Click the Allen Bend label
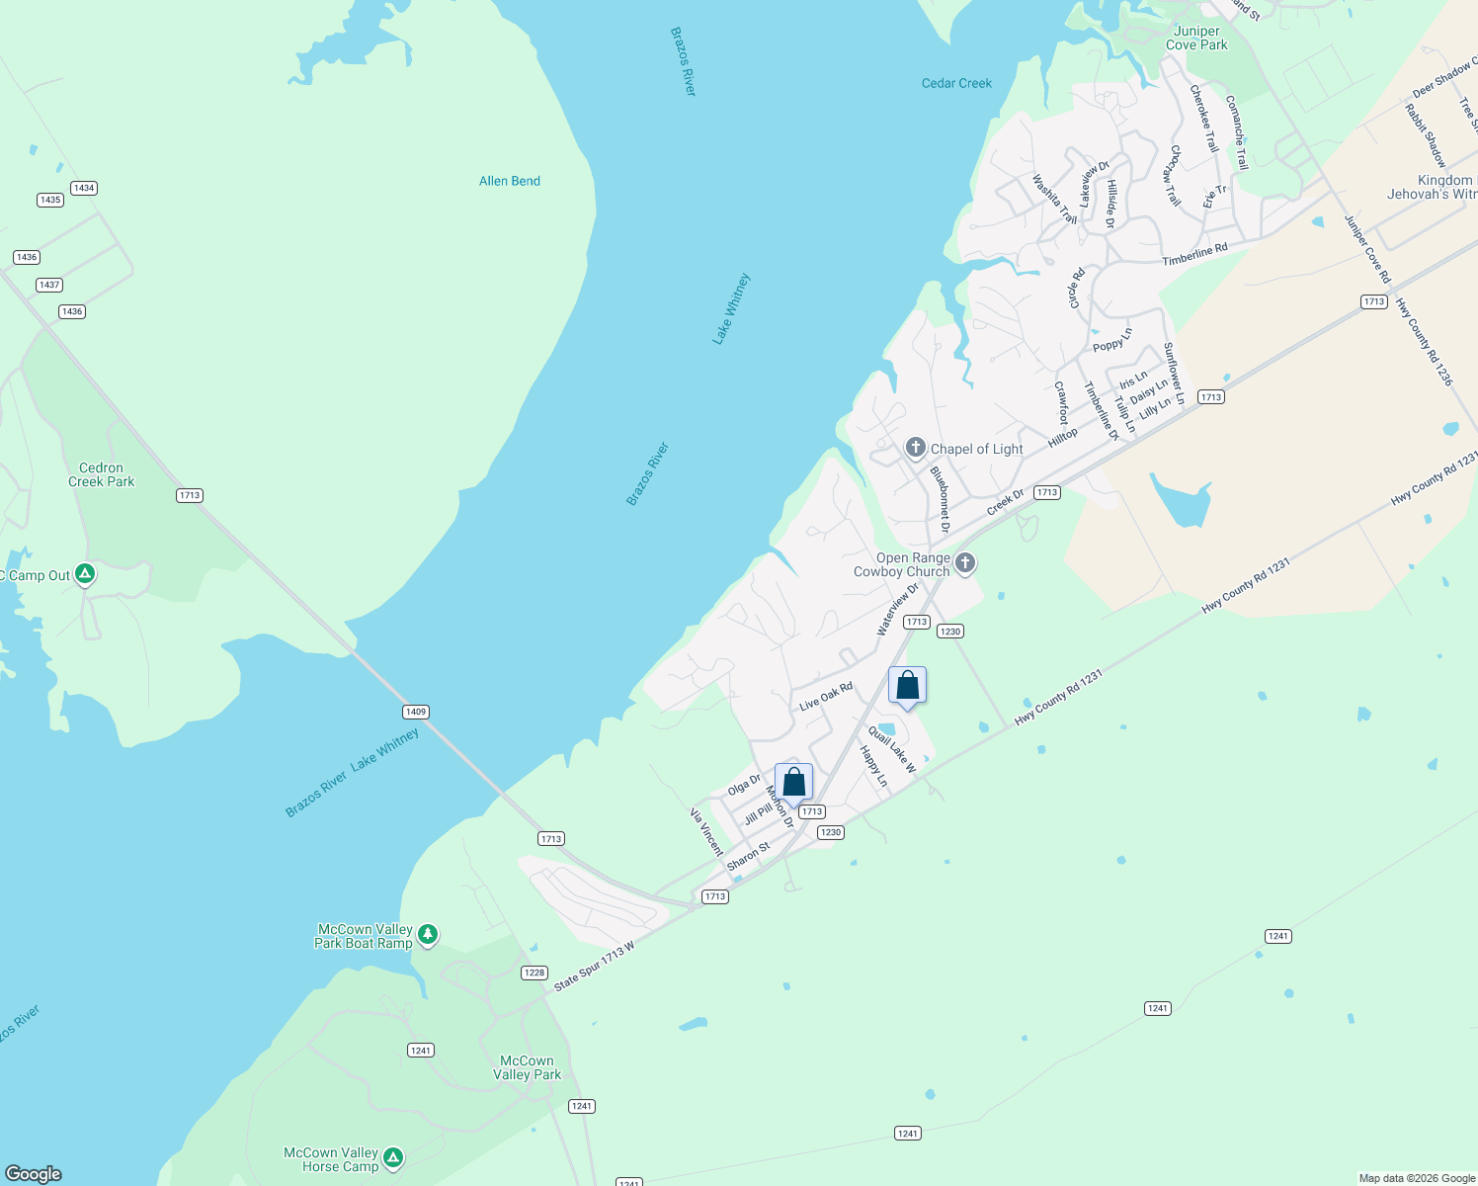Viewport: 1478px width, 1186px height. pyautogui.click(x=509, y=181)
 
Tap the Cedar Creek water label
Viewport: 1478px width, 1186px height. pyautogui.click(x=956, y=83)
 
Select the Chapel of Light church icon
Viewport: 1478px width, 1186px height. pyautogui.click(x=915, y=449)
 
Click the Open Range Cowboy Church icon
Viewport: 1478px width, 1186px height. pyautogui.click(x=965, y=563)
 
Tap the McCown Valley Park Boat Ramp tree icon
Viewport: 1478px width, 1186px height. pyautogui.click(x=428, y=934)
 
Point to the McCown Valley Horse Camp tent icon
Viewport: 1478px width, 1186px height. pyautogui.click(x=393, y=1157)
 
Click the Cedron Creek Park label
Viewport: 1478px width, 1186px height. pyautogui.click(x=101, y=474)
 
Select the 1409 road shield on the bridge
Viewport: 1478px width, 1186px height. pyautogui.click(x=416, y=712)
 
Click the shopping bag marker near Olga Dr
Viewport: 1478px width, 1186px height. pyautogui.click(x=793, y=783)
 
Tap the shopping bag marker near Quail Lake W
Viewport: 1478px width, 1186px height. pyautogui.click(x=907, y=686)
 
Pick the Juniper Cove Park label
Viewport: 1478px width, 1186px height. pyautogui.click(x=1196, y=38)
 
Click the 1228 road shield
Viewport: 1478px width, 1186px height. pyautogui.click(x=534, y=973)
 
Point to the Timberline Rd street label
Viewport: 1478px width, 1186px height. pyautogui.click(x=1194, y=254)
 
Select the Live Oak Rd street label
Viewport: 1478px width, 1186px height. pyautogui.click(x=825, y=696)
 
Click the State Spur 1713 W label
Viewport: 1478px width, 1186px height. pyautogui.click(x=594, y=967)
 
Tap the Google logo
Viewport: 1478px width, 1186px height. pyautogui.click(x=34, y=1174)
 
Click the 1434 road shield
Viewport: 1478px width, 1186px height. pyautogui.click(x=84, y=188)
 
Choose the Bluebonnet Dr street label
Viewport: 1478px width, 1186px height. pyautogui.click(x=940, y=499)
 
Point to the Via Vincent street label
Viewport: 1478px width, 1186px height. pyautogui.click(x=706, y=831)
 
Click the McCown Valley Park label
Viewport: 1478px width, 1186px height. pyautogui.click(x=527, y=1067)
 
